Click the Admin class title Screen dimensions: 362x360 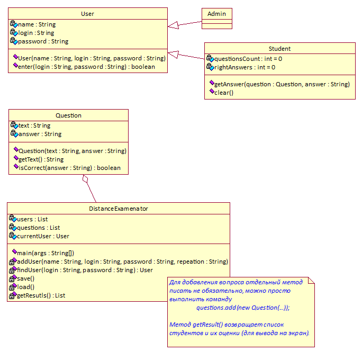click(x=216, y=14)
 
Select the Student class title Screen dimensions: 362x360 click(x=279, y=49)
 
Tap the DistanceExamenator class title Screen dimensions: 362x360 click(x=119, y=209)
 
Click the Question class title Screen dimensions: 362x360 click(x=68, y=115)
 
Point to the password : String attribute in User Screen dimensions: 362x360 click(x=43, y=41)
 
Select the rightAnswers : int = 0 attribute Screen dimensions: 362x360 click(x=245, y=67)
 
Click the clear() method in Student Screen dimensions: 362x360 click(x=224, y=93)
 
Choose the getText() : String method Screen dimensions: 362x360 click(x=41, y=159)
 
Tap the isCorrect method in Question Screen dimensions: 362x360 click(x=69, y=168)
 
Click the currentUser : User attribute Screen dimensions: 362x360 click(x=43, y=236)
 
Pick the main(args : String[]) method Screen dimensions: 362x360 click(x=46, y=253)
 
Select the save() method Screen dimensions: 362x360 click(x=25, y=278)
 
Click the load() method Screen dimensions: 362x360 click(x=25, y=287)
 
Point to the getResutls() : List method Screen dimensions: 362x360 click(x=41, y=295)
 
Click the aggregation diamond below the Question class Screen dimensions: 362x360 click(x=85, y=179)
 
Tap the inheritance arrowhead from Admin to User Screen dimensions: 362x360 click(x=174, y=25)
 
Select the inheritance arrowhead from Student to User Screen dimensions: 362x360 click(x=174, y=55)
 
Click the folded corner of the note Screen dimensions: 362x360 click(x=312, y=280)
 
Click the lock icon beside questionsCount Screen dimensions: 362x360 click(x=209, y=57)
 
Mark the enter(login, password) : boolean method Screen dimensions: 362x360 click(x=86, y=67)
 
